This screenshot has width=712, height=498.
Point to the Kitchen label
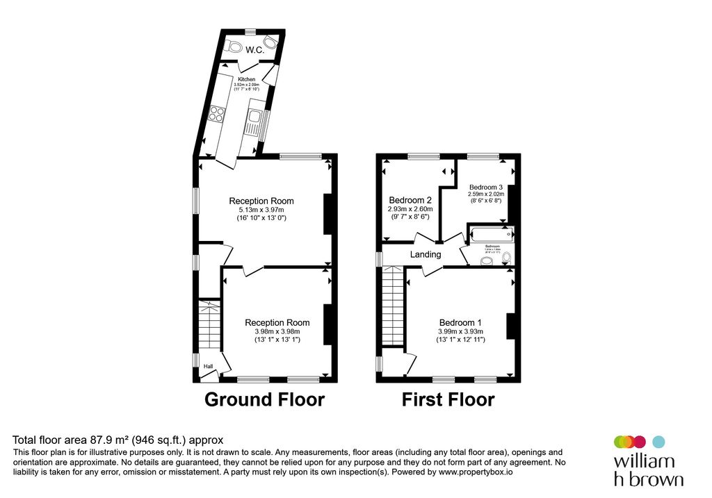[x=246, y=79]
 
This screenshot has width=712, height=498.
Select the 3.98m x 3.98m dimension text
[x=277, y=331]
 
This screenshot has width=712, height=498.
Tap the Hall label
[x=208, y=367]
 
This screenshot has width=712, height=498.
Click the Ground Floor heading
[x=264, y=400]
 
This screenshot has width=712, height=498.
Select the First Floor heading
[x=448, y=400]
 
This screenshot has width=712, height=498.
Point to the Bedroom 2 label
[x=410, y=199]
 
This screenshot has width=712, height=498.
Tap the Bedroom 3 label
[x=485, y=187]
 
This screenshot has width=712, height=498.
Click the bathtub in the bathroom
[x=491, y=234]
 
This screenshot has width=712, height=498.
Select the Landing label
[x=425, y=254]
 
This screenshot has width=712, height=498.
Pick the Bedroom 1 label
[x=460, y=322]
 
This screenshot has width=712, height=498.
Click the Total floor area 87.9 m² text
[x=118, y=440]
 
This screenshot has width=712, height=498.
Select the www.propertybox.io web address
[x=475, y=472]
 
